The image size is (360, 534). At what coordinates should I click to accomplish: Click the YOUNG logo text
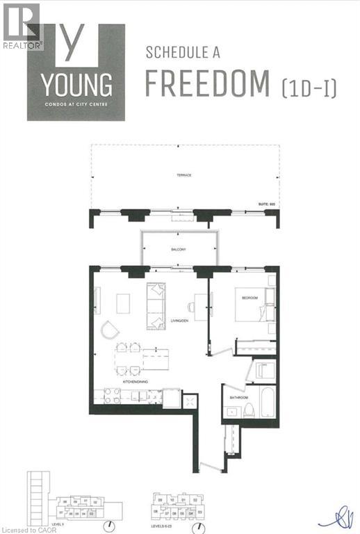click(76, 85)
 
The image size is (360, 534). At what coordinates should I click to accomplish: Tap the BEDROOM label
click(249, 298)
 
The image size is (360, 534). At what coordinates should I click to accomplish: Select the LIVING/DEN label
click(179, 321)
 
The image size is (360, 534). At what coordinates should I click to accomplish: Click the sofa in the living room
click(155, 306)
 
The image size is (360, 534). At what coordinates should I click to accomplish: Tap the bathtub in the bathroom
click(268, 402)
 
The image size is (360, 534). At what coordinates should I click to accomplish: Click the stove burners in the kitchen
click(112, 396)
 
